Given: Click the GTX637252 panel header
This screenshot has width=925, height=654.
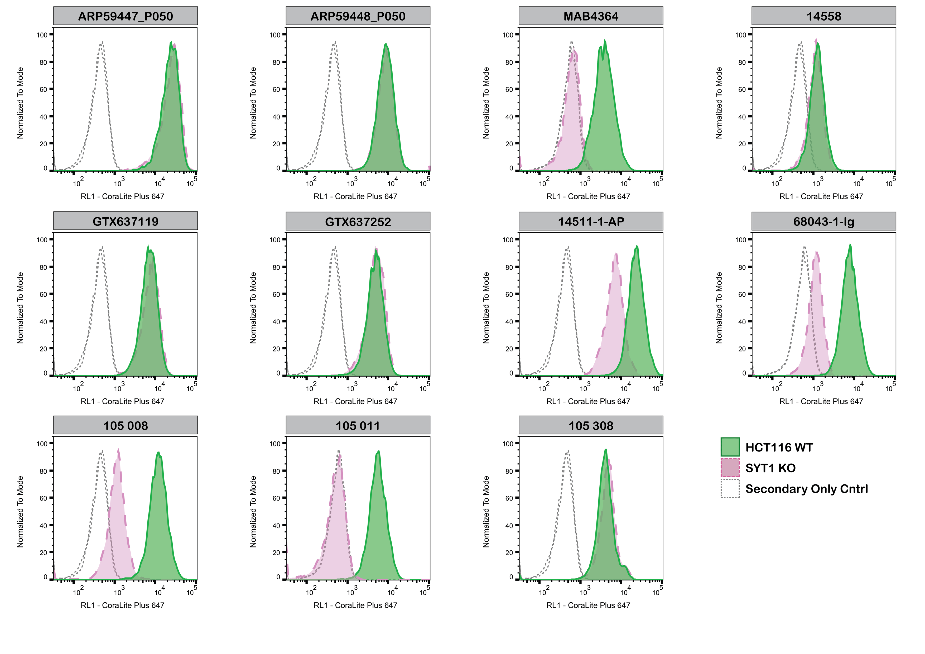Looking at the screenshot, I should tap(358, 222).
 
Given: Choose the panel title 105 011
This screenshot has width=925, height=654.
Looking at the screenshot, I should tap(358, 426).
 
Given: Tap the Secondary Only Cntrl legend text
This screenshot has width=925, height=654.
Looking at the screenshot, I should tap(807, 489).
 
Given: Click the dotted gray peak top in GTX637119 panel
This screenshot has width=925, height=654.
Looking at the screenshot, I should tap(102, 247).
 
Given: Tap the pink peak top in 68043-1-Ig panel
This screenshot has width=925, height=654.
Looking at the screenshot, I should tap(816, 252).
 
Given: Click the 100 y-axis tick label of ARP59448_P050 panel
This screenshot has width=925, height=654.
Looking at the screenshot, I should tap(275, 35).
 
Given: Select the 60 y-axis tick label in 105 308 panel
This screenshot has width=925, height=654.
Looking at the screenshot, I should tap(509, 498).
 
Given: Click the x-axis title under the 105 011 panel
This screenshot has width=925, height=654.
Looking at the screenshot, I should tap(355, 605).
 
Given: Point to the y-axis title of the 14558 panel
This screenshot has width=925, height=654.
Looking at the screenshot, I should tap(719, 103).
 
